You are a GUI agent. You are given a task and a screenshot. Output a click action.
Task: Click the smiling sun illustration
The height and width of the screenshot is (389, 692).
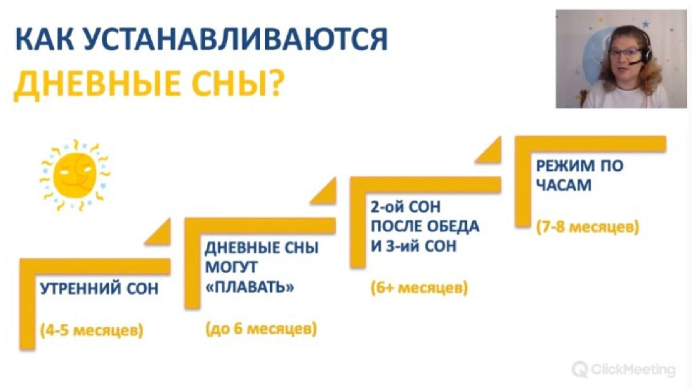pyautogui.click(x=75, y=175)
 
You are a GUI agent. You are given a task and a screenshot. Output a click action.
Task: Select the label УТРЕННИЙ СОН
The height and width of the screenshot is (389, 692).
pyautogui.click(x=99, y=288)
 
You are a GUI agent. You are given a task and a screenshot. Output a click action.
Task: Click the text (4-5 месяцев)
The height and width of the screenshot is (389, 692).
pyautogui.click(x=92, y=330)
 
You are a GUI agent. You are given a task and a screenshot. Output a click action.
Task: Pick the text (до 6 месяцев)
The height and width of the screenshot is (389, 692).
pyautogui.click(x=261, y=329)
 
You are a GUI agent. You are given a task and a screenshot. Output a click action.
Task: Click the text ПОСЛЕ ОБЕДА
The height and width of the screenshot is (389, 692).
pyautogui.click(x=425, y=226)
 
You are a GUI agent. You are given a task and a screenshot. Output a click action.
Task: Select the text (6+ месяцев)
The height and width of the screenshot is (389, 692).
pyautogui.click(x=419, y=288)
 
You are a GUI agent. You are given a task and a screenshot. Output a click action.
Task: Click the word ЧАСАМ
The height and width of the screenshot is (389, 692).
pyautogui.click(x=564, y=186)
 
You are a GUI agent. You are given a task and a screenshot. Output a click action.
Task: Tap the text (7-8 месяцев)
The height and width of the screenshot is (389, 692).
pyautogui.click(x=588, y=227)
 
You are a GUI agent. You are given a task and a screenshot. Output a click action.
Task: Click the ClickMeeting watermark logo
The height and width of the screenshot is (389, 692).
pyautogui.click(x=623, y=370)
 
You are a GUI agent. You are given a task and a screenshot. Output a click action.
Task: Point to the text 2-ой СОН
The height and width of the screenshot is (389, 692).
pyautogui.click(x=405, y=207)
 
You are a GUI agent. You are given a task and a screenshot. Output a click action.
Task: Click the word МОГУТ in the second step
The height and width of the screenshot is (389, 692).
pyautogui.click(x=231, y=267)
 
